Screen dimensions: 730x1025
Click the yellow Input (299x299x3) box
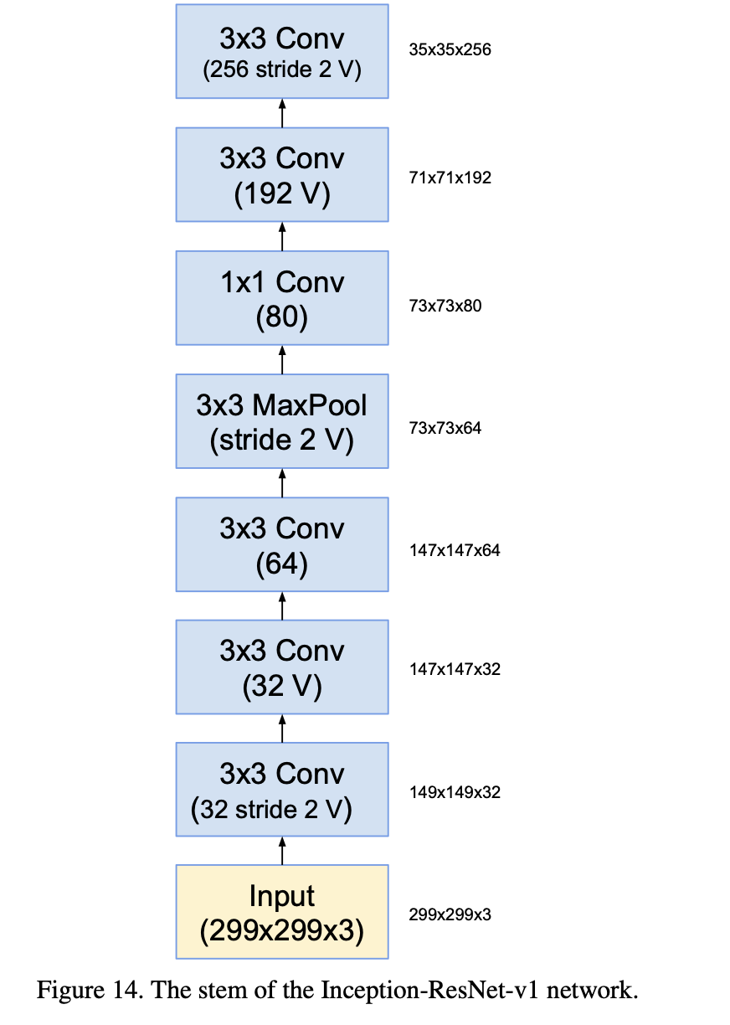pyautogui.click(x=282, y=911)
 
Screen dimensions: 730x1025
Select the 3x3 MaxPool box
pyautogui.click(x=282, y=421)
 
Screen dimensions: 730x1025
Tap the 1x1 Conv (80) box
pyautogui.click(x=282, y=298)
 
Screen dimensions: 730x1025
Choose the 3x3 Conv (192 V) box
pyautogui.click(x=282, y=175)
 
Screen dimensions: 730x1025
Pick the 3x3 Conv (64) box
pyautogui.click(x=282, y=544)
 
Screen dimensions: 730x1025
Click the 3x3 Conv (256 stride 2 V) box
pyautogui.click(x=282, y=51)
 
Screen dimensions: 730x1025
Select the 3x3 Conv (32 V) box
pyautogui.click(x=282, y=667)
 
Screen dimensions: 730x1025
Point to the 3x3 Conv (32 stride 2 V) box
pyautogui.click(x=282, y=790)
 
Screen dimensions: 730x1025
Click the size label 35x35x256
pyautogui.click(x=450, y=49)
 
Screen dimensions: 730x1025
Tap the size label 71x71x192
pyautogui.click(x=450, y=178)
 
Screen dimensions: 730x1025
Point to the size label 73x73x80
pyautogui.click(x=445, y=306)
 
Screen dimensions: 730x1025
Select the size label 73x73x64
pyautogui.click(x=445, y=428)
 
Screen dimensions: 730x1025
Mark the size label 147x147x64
pyautogui.click(x=455, y=550)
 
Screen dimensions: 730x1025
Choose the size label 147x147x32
pyautogui.click(x=455, y=669)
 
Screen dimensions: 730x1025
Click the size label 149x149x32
pyautogui.click(x=455, y=792)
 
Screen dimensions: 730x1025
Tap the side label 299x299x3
pyautogui.click(x=450, y=914)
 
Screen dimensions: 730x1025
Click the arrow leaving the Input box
pyautogui.click(x=282, y=851)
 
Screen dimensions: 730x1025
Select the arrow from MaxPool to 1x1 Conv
pyautogui.click(x=282, y=360)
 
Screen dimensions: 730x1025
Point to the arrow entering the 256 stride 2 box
pyautogui.click(x=282, y=113)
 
